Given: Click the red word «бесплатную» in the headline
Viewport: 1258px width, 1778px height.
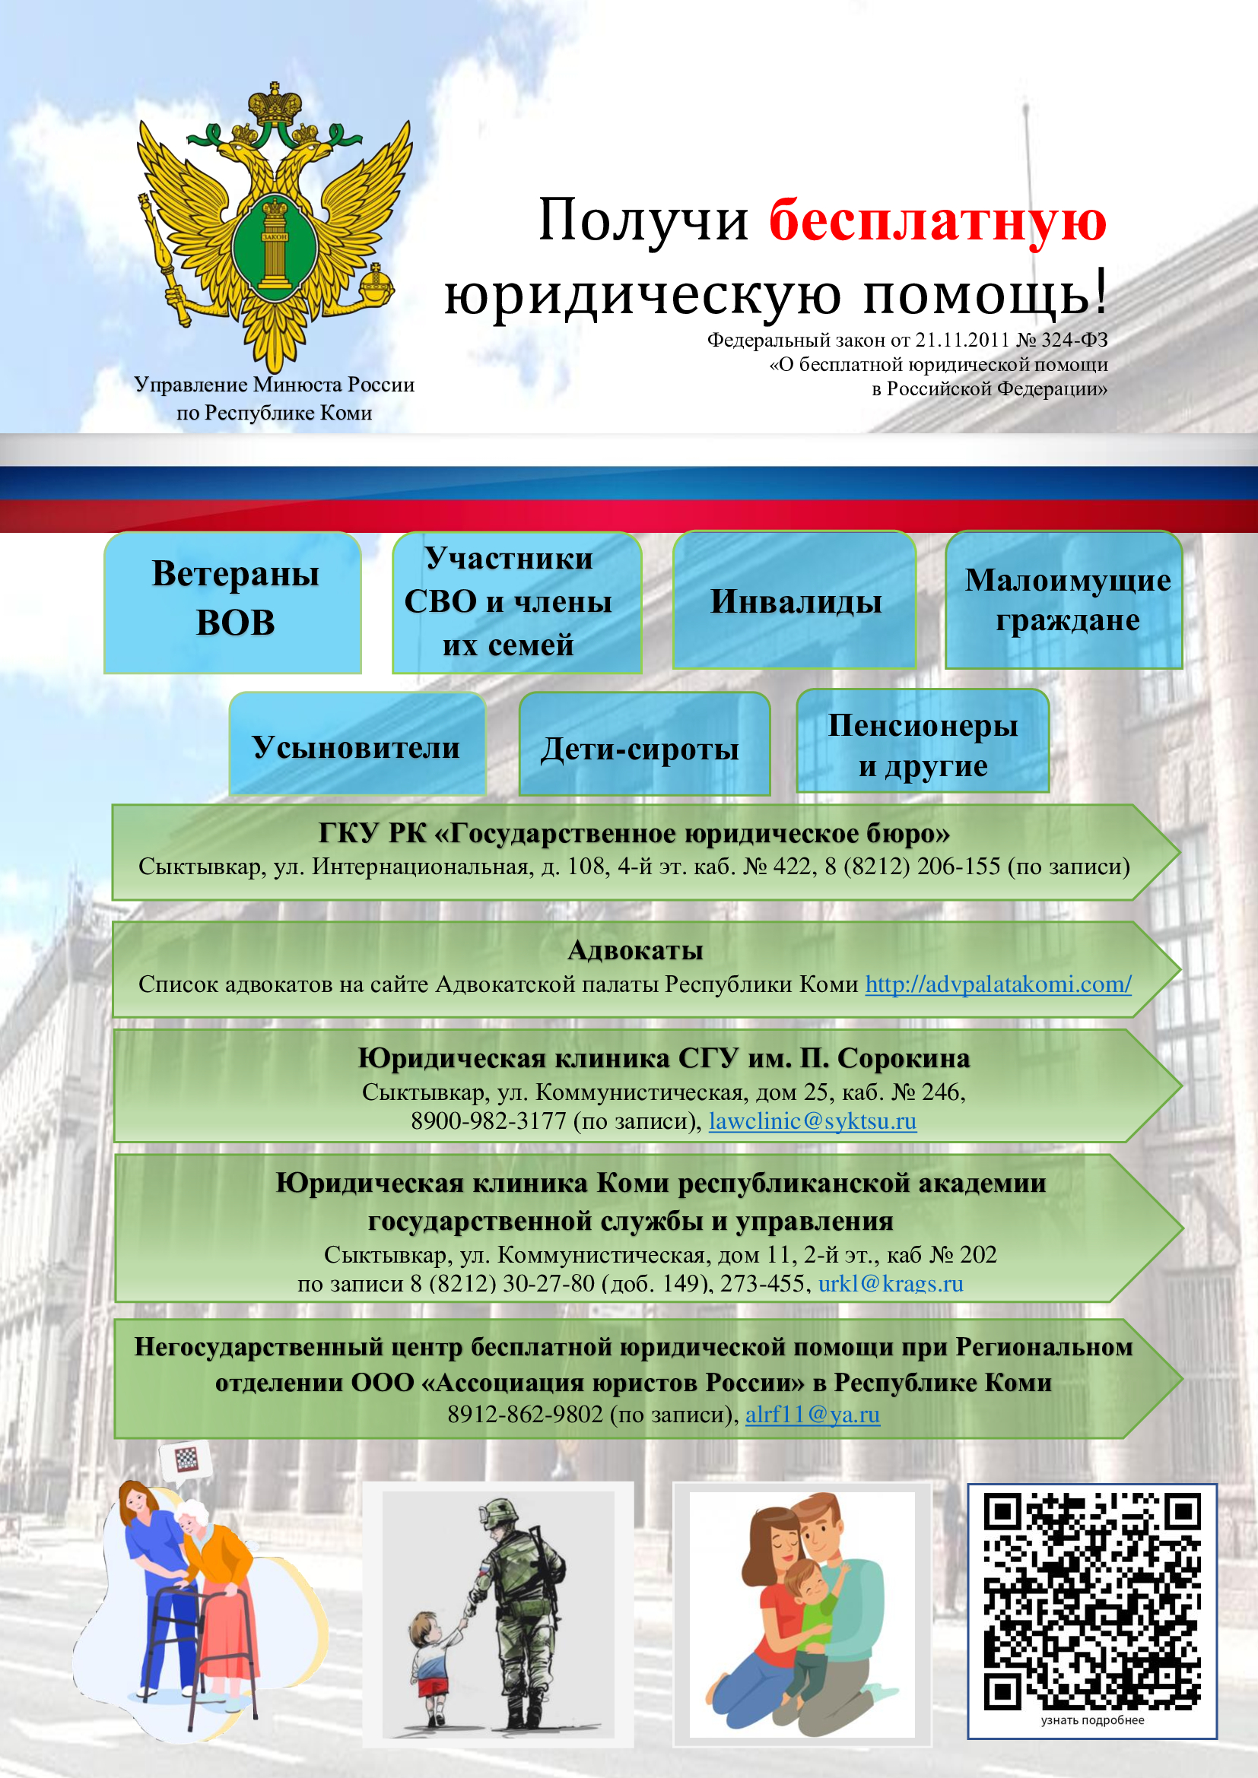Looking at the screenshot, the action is pyautogui.click(x=937, y=221).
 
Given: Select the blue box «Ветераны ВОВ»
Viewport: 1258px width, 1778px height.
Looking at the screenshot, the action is pyautogui.click(x=233, y=602).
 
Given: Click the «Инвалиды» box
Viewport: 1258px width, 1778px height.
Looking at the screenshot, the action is pyautogui.click(x=795, y=601).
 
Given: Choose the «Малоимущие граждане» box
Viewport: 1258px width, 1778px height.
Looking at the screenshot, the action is pyautogui.click(x=1064, y=601).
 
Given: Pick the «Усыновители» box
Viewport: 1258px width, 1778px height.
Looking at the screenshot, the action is pyautogui.click(x=357, y=743).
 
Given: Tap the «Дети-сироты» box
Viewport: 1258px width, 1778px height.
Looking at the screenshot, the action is pyautogui.click(x=644, y=743).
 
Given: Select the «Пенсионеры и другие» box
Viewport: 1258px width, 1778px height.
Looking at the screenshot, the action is pyautogui.click(x=923, y=741).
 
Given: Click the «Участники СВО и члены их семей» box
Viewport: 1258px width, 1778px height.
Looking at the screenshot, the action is pyautogui.click(x=516, y=602).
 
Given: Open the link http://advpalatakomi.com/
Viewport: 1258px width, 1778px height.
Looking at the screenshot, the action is pyautogui.click(x=999, y=984).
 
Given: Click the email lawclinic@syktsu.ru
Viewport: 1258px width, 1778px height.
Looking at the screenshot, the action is pyautogui.click(x=812, y=1120).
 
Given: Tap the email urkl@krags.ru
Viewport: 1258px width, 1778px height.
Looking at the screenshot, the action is pyautogui.click(x=891, y=1283).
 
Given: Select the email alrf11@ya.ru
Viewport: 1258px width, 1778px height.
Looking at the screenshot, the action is pyautogui.click(x=812, y=1414).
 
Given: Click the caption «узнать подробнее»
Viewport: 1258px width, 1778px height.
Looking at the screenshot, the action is pyautogui.click(x=1092, y=1721).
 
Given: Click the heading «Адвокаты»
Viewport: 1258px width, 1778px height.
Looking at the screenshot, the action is pyautogui.click(x=635, y=950).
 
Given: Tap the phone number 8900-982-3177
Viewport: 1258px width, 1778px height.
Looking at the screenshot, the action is pyautogui.click(x=489, y=1120).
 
